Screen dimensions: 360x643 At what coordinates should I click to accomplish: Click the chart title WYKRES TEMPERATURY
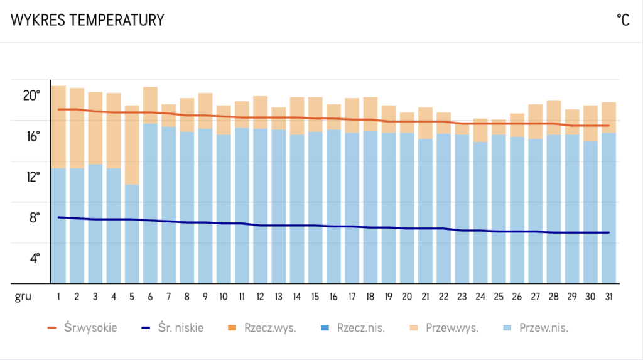click(x=87, y=20)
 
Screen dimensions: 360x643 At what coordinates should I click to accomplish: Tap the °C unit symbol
click(x=623, y=20)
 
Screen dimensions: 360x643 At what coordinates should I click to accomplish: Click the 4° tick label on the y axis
click(x=33, y=258)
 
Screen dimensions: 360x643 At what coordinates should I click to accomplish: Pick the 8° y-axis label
click(x=33, y=217)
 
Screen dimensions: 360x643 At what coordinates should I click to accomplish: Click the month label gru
click(x=23, y=296)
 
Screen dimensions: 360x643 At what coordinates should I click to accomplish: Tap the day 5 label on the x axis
click(x=132, y=296)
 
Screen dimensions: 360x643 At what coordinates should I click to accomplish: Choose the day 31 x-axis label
click(x=609, y=296)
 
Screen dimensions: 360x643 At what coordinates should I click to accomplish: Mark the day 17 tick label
click(x=352, y=296)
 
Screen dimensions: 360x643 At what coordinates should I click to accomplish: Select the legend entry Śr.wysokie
click(x=82, y=327)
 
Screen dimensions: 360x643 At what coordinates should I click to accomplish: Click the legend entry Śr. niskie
click(x=173, y=327)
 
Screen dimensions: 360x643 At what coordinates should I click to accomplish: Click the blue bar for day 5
click(x=132, y=234)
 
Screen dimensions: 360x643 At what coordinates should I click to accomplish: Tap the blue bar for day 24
click(x=480, y=212)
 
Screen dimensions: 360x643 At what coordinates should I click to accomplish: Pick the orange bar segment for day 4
click(x=114, y=131)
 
